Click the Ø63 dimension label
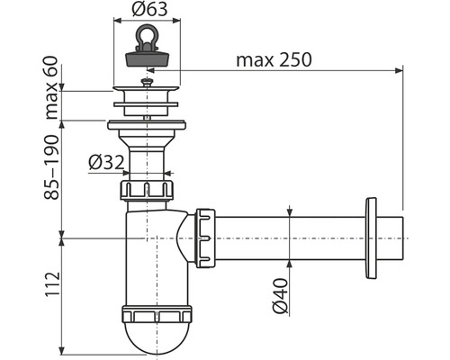click(x=149, y=10)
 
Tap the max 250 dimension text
click(x=274, y=59)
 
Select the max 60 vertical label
click(x=51, y=88)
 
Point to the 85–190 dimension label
click(x=51, y=167)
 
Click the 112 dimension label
click(x=53, y=284)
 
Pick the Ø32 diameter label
click(x=106, y=163)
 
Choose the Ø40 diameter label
click(x=280, y=295)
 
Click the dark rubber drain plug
click(x=147, y=58)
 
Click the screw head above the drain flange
click(x=147, y=82)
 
